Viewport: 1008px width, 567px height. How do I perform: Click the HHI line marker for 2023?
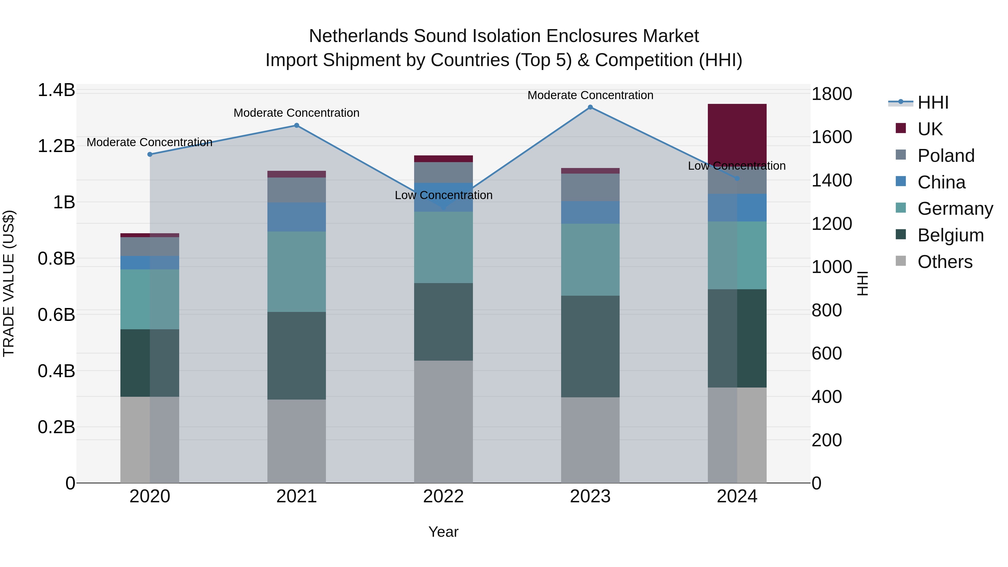pyautogui.click(x=590, y=107)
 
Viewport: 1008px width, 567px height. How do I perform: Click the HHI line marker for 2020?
pyautogui.click(x=150, y=154)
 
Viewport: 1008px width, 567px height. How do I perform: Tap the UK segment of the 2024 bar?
pyautogui.click(x=737, y=133)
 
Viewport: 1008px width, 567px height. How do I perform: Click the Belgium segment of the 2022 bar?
pyautogui.click(x=443, y=322)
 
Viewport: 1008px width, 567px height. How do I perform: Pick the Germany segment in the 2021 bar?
pyautogui.click(x=296, y=272)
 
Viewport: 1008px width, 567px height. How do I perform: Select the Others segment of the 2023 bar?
pyautogui.click(x=590, y=440)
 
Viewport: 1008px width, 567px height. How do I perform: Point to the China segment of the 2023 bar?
pyautogui.click(x=590, y=213)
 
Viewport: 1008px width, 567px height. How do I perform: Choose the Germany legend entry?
pyautogui.click(x=955, y=209)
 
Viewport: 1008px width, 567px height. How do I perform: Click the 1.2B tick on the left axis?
pyautogui.click(x=56, y=146)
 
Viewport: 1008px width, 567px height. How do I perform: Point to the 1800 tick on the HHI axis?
pyautogui.click(x=832, y=94)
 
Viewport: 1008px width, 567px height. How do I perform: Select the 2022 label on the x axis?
pyautogui.click(x=443, y=496)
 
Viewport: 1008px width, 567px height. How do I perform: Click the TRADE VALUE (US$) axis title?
pyautogui.click(x=9, y=283)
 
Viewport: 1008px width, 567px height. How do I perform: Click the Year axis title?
pyautogui.click(x=443, y=532)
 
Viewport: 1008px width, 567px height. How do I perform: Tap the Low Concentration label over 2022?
pyautogui.click(x=443, y=195)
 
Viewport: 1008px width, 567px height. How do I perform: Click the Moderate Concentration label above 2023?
pyautogui.click(x=590, y=95)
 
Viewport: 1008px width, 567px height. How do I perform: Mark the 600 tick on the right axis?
pyautogui.click(x=827, y=353)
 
